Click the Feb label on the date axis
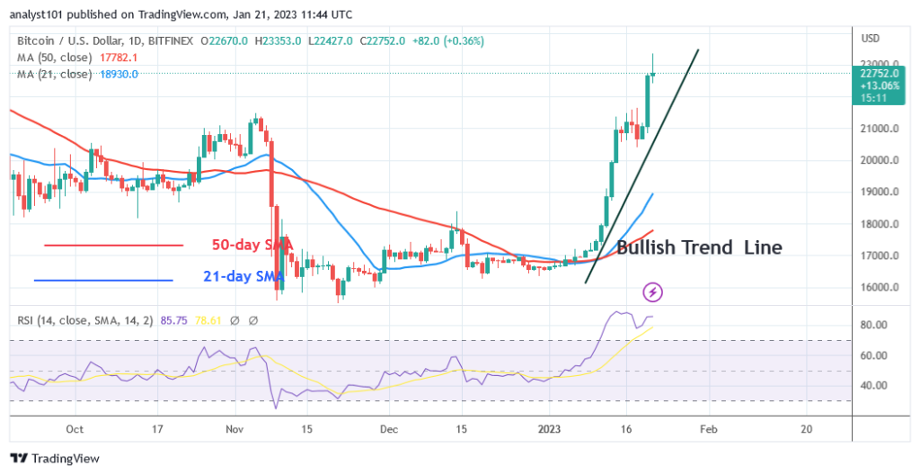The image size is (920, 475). coord(708,429)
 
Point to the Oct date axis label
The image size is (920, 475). coord(75,429)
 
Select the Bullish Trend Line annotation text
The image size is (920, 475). coord(699,247)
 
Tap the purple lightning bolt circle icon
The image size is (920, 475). coord(653,291)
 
